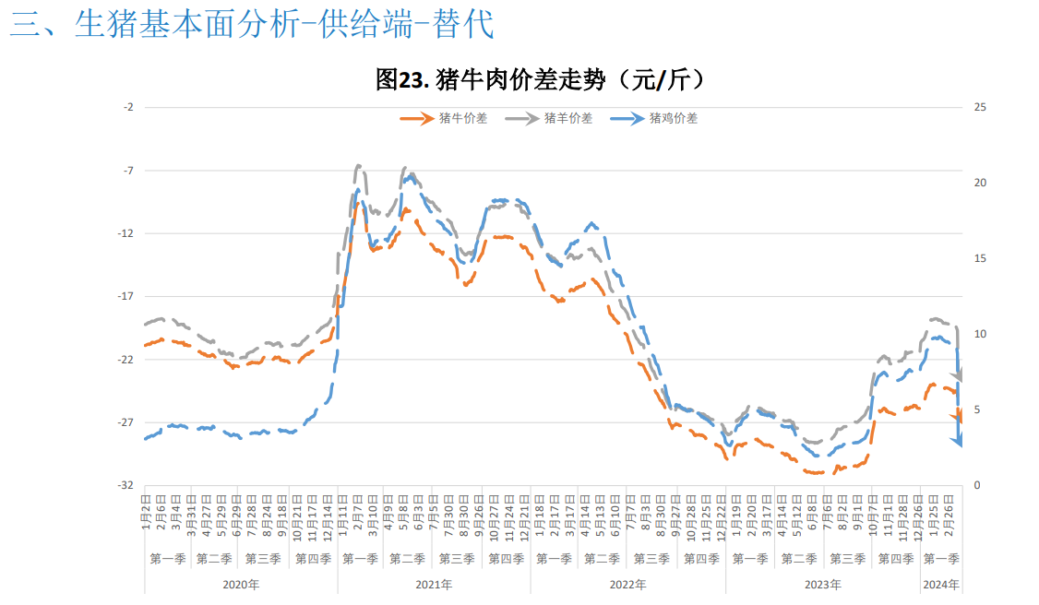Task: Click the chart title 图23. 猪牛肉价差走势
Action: (542, 80)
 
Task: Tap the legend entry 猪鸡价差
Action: (674, 118)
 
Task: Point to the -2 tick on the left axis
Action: (128, 107)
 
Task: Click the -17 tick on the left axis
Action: (126, 296)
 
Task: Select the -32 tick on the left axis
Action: (126, 485)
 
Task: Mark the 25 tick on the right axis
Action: (981, 107)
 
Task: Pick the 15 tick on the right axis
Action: (981, 258)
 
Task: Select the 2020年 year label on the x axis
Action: (241, 585)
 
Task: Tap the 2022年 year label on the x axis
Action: (628, 585)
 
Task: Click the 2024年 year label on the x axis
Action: (941, 585)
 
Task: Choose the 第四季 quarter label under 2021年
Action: (506, 559)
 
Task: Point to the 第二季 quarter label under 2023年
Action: (798, 559)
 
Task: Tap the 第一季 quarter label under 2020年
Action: (168, 559)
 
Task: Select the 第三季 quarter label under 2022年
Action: (651, 559)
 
